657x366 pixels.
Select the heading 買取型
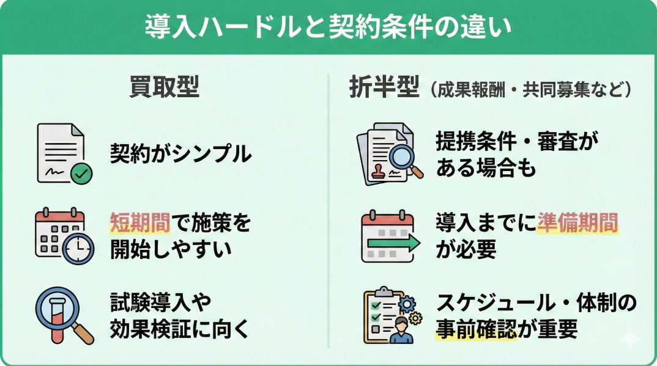pos(165,87)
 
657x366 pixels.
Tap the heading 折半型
pos(384,88)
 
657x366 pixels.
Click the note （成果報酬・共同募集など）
pos(530,90)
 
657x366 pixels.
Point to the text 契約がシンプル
pos(180,154)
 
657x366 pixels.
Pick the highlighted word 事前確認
pos(477,330)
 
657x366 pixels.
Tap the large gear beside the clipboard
pos(406,302)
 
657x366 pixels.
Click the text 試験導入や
pos(161,302)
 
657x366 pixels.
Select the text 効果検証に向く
pos(180,330)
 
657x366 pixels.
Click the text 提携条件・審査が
pos(517,141)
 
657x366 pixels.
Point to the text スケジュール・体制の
pos(536,302)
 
